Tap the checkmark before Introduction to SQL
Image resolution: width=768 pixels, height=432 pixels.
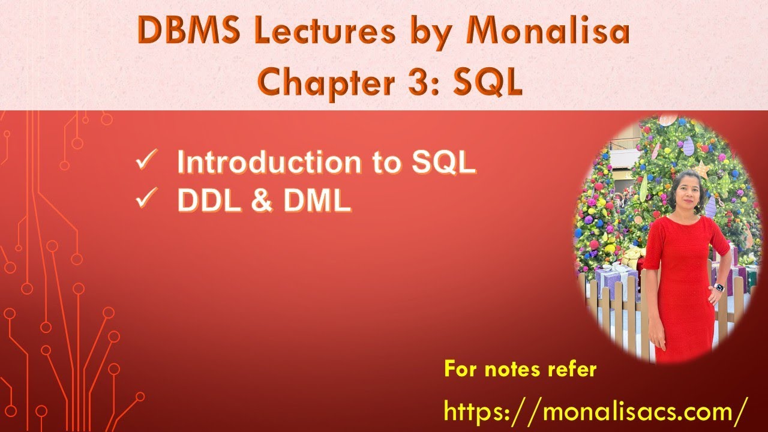[146, 163]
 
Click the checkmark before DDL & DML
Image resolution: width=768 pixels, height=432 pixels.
[146, 201]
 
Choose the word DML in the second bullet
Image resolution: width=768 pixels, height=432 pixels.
[317, 202]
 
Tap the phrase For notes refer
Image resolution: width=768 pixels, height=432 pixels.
[520, 369]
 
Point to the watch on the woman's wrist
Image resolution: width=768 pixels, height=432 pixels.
[719, 287]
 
